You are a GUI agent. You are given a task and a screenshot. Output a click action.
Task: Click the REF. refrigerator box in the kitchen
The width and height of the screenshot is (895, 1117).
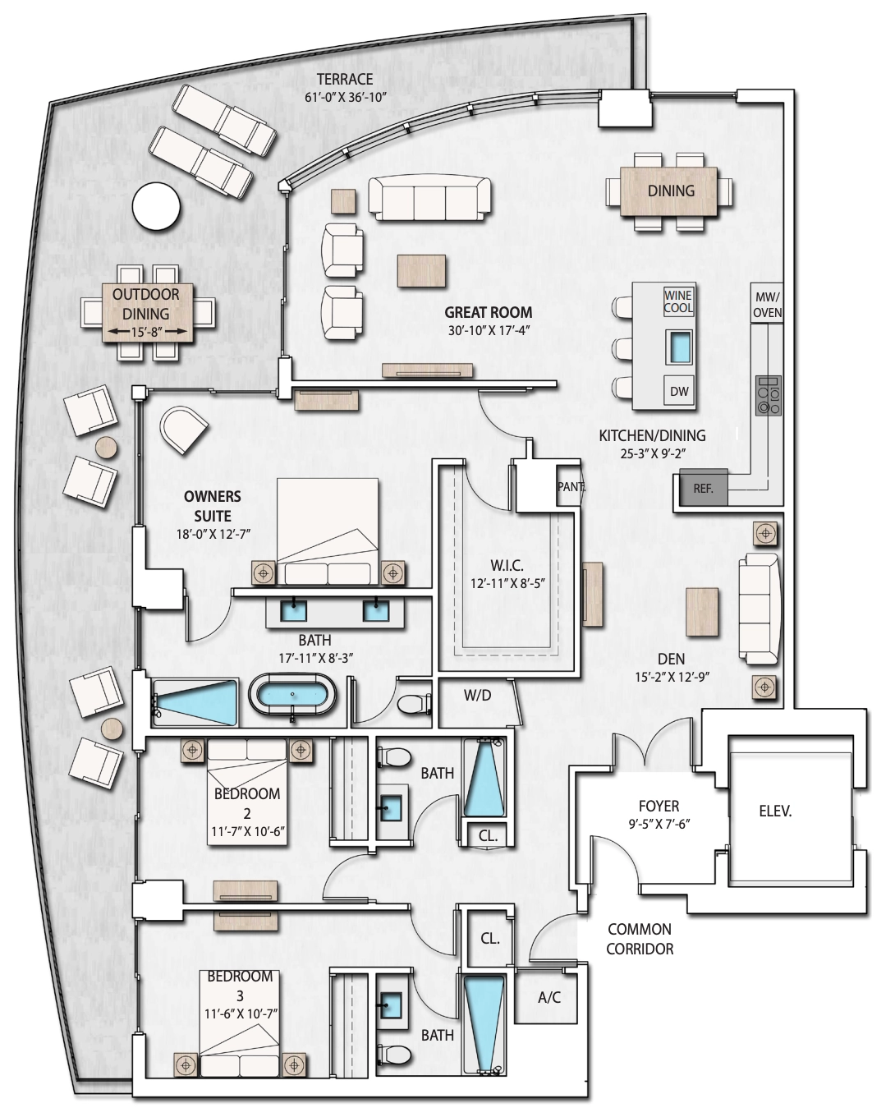703,488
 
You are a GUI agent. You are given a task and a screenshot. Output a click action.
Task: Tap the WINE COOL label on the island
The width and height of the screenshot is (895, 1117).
678,301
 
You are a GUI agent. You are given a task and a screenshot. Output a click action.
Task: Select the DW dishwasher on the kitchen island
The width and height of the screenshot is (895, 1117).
679,392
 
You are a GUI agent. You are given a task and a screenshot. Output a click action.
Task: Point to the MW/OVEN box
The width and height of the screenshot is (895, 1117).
768,304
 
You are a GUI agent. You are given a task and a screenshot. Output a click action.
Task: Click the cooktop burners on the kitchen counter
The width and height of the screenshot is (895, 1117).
768,396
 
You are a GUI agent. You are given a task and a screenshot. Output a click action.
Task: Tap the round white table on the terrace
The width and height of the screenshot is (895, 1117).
156,206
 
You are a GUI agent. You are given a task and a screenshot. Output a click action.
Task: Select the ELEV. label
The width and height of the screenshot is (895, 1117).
775,811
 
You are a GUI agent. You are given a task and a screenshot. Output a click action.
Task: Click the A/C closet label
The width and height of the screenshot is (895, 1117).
549,997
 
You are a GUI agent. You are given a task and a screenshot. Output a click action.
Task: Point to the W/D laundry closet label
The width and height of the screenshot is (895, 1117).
477,696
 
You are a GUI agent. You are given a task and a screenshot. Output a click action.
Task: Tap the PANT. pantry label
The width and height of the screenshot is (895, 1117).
571,487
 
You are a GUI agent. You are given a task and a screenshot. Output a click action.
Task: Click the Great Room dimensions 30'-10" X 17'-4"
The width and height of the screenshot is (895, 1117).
489,330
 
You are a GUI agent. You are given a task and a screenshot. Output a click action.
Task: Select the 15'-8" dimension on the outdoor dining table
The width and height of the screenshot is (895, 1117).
147,331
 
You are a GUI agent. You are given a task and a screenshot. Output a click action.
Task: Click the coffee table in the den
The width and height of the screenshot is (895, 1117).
702,612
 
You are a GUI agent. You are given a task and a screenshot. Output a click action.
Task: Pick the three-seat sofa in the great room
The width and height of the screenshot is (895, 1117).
429,200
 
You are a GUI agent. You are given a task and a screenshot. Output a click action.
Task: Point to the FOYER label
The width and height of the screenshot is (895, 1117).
659,806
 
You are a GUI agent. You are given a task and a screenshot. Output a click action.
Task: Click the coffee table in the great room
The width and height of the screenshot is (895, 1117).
422,270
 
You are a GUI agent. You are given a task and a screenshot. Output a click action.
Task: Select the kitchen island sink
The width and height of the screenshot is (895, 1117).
679,347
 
